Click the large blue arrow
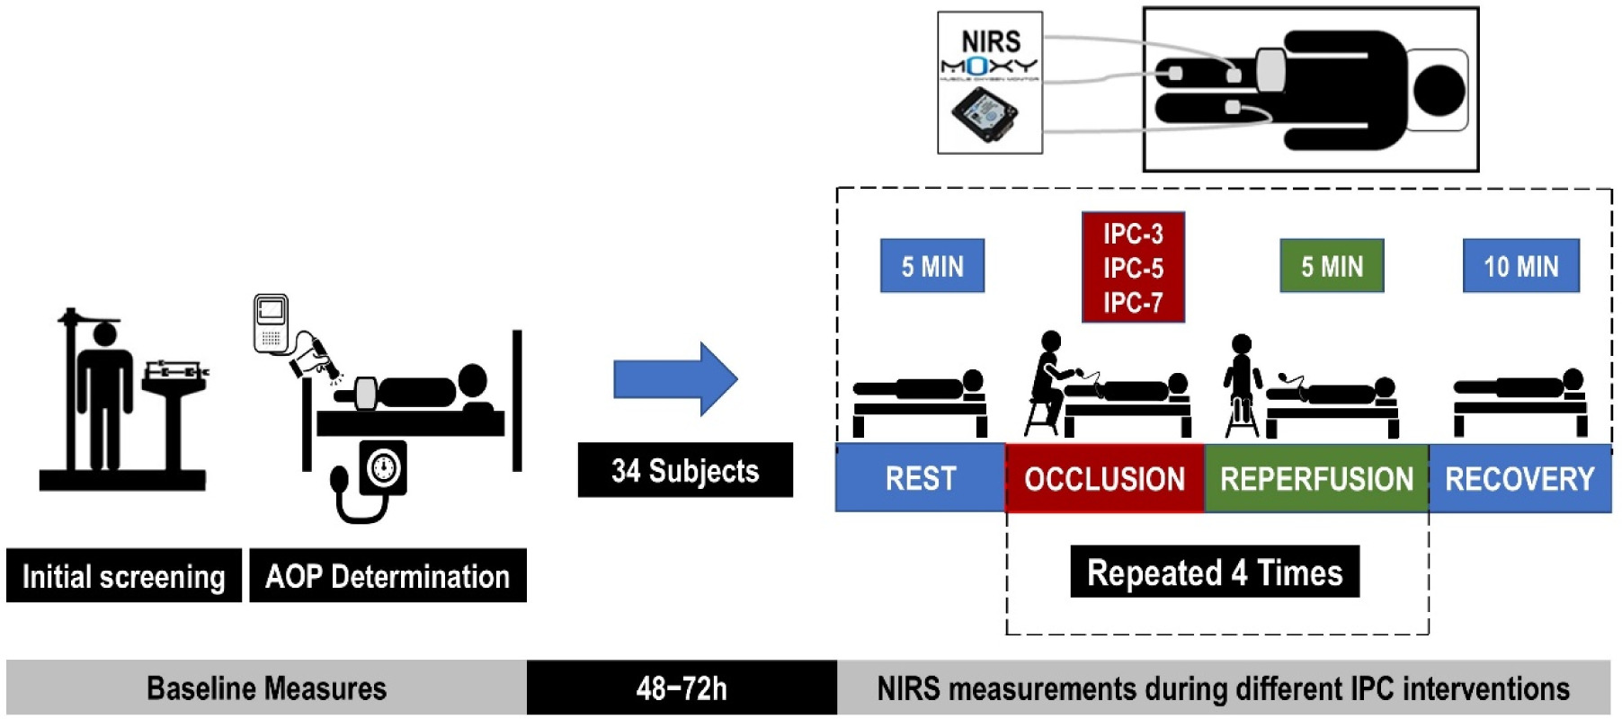pyautogui.click(x=674, y=379)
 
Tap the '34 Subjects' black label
pyautogui.click(x=685, y=470)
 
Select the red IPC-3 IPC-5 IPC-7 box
pyautogui.click(x=1133, y=268)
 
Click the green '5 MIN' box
pyautogui.click(x=1332, y=266)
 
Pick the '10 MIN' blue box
pyautogui.click(x=1520, y=266)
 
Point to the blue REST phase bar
pyautogui.click(x=920, y=478)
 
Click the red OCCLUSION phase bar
pyautogui.click(x=1104, y=478)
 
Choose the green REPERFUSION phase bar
pyautogui.click(x=1316, y=478)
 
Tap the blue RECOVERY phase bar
pyautogui.click(x=1520, y=478)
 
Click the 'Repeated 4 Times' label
pyautogui.click(x=1215, y=572)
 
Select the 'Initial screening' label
pyautogui.click(x=124, y=576)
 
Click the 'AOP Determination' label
pyautogui.click(x=388, y=576)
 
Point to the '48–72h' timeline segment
pyautogui.click(x=682, y=688)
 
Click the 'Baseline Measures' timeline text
pyautogui.click(x=266, y=688)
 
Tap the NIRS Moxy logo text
pyautogui.click(x=990, y=52)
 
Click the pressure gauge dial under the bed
pyautogui.click(x=384, y=467)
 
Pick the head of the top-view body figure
pyautogui.click(x=1439, y=90)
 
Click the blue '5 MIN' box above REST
pyautogui.click(x=932, y=266)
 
